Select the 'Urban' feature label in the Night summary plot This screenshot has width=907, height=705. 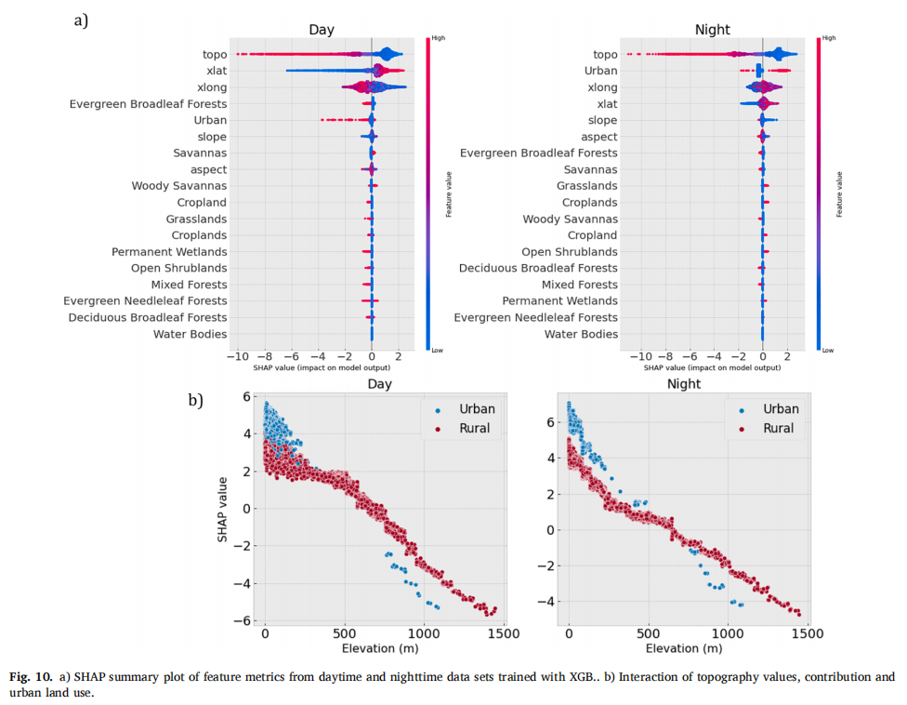(x=600, y=71)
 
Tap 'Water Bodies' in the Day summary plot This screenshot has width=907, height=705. (x=190, y=334)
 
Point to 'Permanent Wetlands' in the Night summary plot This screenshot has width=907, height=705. (x=559, y=301)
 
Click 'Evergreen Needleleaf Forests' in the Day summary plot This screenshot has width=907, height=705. (x=145, y=301)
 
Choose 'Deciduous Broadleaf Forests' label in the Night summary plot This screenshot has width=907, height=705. (x=538, y=268)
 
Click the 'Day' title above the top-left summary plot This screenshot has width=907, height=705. (x=322, y=31)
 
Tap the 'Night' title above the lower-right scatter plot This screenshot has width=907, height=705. (x=684, y=383)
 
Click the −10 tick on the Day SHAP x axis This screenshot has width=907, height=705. (x=236, y=356)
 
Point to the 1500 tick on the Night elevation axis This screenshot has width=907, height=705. (x=807, y=633)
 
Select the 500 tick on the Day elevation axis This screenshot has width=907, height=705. (x=345, y=633)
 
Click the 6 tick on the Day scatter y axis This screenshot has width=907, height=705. (x=246, y=397)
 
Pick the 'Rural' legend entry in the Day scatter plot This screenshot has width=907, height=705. (x=474, y=429)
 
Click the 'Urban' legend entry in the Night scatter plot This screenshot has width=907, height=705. (x=781, y=409)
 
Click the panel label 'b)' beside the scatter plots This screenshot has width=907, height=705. (x=196, y=401)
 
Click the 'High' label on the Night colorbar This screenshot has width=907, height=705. (x=829, y=38)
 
